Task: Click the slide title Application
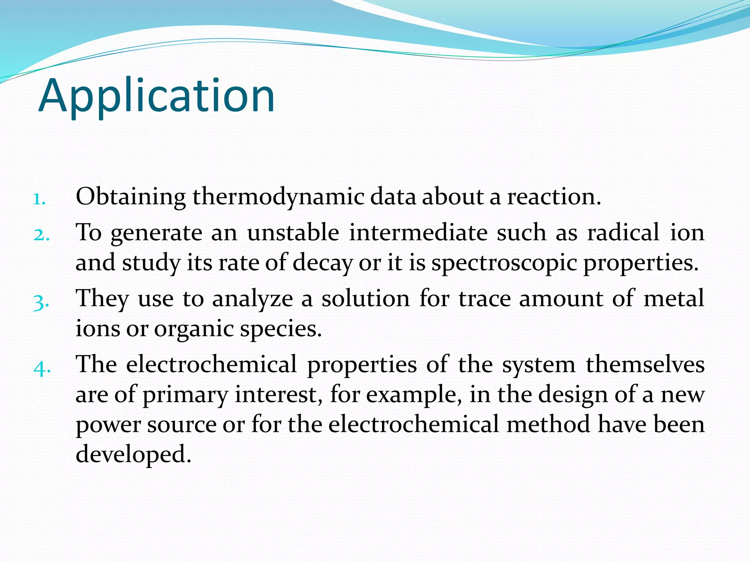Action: point(156,96)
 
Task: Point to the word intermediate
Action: point(418,233)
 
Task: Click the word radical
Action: point(623,233)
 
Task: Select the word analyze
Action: point(253,299)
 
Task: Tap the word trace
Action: point(484,299)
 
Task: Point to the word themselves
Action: point(645,365)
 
